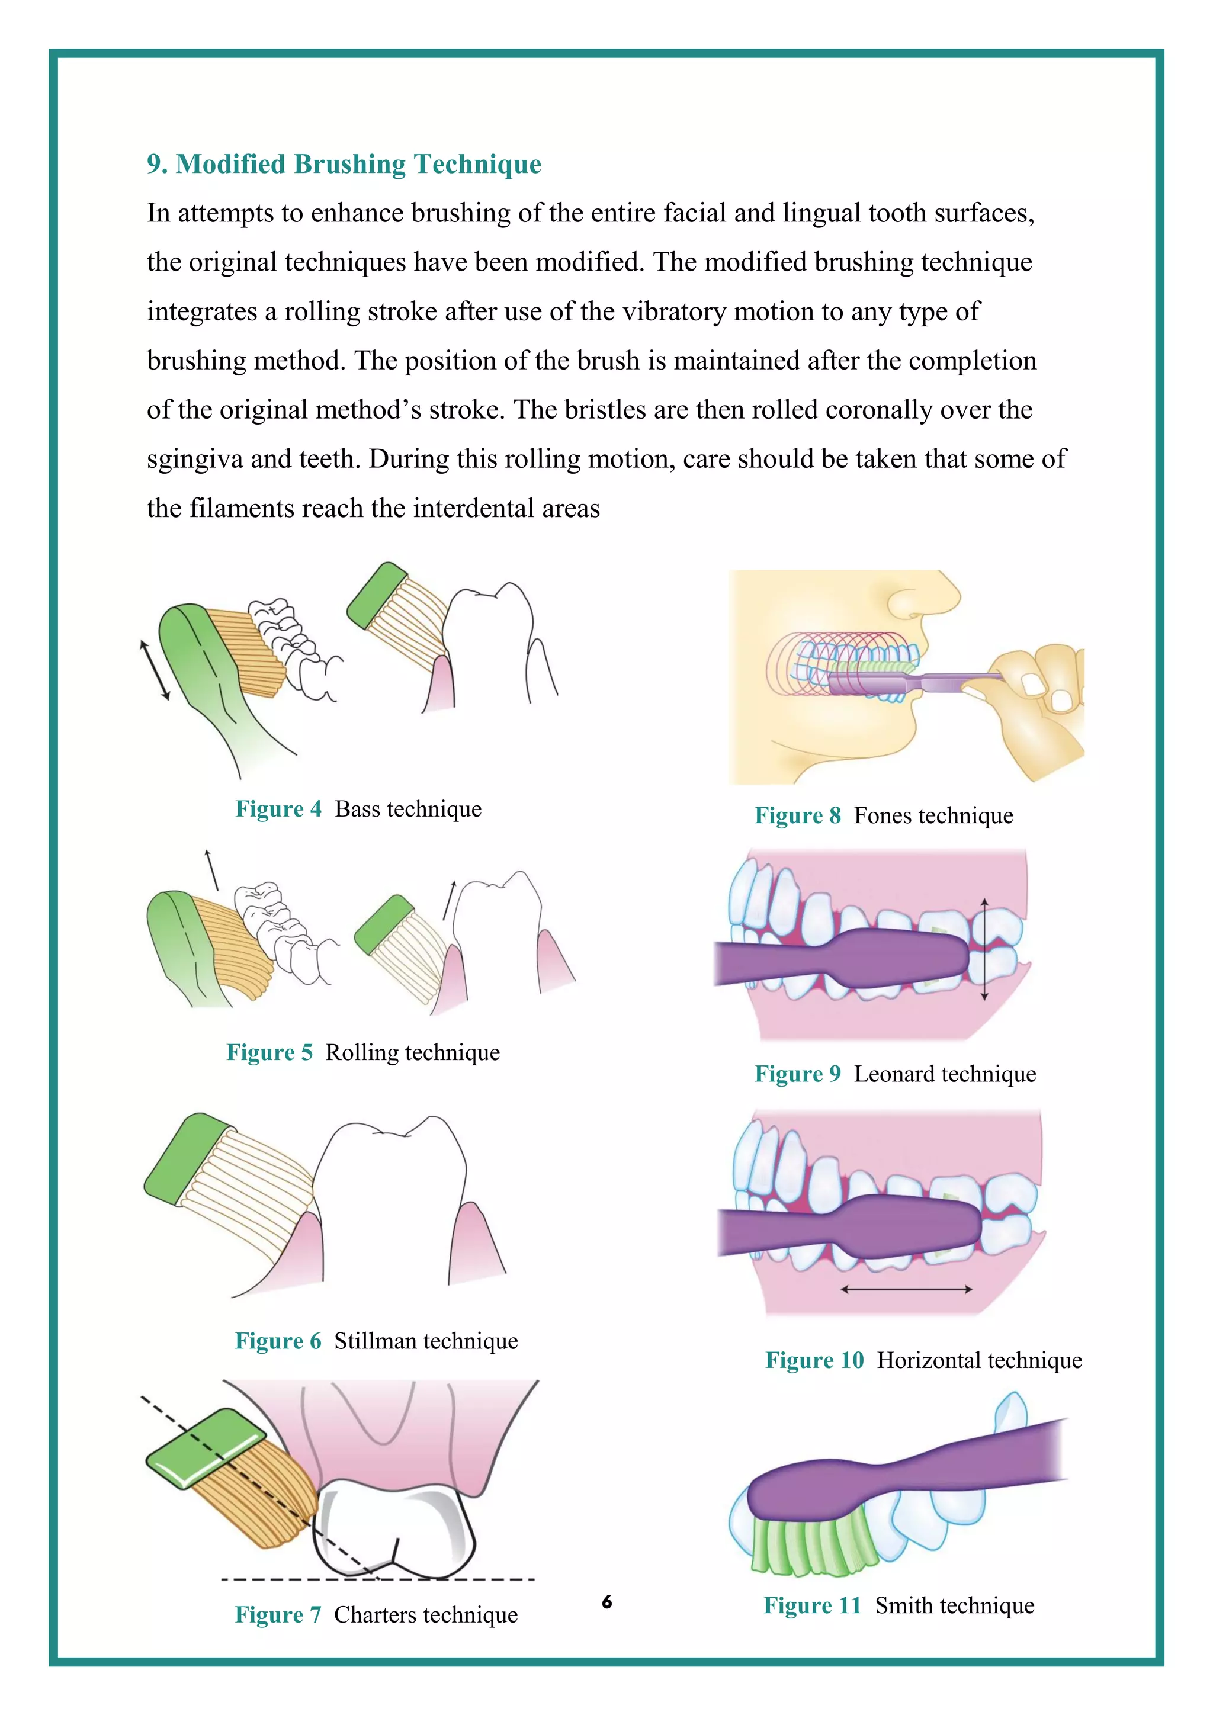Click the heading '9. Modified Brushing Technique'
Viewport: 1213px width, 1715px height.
pos(344,163)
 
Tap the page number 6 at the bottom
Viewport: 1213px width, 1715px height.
pos(606,1601)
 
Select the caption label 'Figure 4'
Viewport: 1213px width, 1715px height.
pos(278,809)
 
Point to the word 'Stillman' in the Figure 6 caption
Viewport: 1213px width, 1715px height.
pos(375,1341)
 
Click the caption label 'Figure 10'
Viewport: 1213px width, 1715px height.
pos(814,1360)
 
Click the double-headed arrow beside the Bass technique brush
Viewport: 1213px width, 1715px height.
pos(155,670)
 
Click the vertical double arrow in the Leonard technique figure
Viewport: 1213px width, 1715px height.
pos(984,949)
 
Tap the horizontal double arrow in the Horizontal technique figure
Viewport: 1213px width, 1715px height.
pos(906,1289)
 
